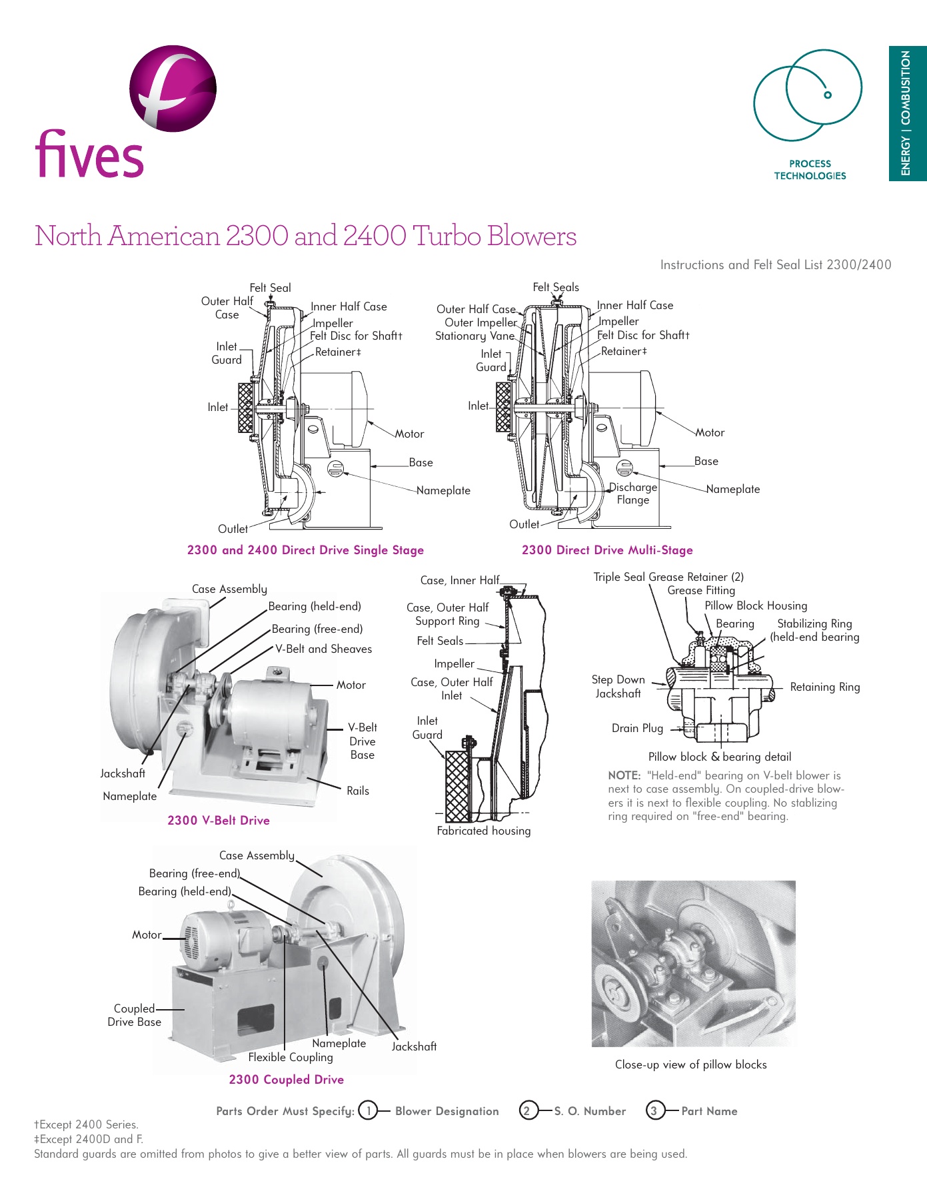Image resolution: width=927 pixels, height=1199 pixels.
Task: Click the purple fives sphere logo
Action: pyautogui.click(x=173, y=88)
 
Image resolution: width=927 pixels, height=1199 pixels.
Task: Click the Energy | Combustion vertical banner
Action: pyautogui.click(x=906, y=113)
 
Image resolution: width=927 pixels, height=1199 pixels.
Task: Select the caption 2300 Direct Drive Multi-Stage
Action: pyautogui.click(x=607, y=550)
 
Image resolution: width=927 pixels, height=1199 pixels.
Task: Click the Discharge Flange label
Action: pyautogui.click(x=632, y=494)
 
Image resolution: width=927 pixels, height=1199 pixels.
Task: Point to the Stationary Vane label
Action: pyautogui.click(x=474, y=336)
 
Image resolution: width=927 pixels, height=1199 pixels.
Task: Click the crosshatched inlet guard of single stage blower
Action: pyautogui.click(x=246, y=408)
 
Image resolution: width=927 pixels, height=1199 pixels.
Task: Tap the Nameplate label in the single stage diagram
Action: pyautogui.click(x=443, y=491)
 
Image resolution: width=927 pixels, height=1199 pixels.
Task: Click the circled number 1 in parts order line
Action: pyautogui.click(x=368, y=1110)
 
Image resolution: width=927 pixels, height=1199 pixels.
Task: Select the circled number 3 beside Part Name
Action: pyautogui.click(x=654, y=1110)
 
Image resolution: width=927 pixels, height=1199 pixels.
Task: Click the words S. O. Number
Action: pyautogui.click(x=590, y=1111)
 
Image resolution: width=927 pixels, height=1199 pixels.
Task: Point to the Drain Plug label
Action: pyautogui.click(x=637, y=728)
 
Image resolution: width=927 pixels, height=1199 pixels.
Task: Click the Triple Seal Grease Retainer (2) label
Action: pyautogui.click(x=668, y=577)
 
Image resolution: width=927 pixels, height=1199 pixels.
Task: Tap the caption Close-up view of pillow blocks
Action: pyautogui.click(x=690, y=1064)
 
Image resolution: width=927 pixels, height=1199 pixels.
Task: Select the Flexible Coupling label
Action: pyautogui.click(x=291, y=1057)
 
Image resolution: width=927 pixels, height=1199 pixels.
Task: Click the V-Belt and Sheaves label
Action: pyautogui.click(x=323, y=649)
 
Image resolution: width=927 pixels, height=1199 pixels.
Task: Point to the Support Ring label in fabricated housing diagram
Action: pyautogui.click(x=447, y=621)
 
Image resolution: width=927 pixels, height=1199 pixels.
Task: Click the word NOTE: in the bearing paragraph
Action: pyautogui.click(x=624, y=775)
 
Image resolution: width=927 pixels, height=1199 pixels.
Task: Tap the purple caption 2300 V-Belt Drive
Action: pyautogui.click(x=219, y=821)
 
